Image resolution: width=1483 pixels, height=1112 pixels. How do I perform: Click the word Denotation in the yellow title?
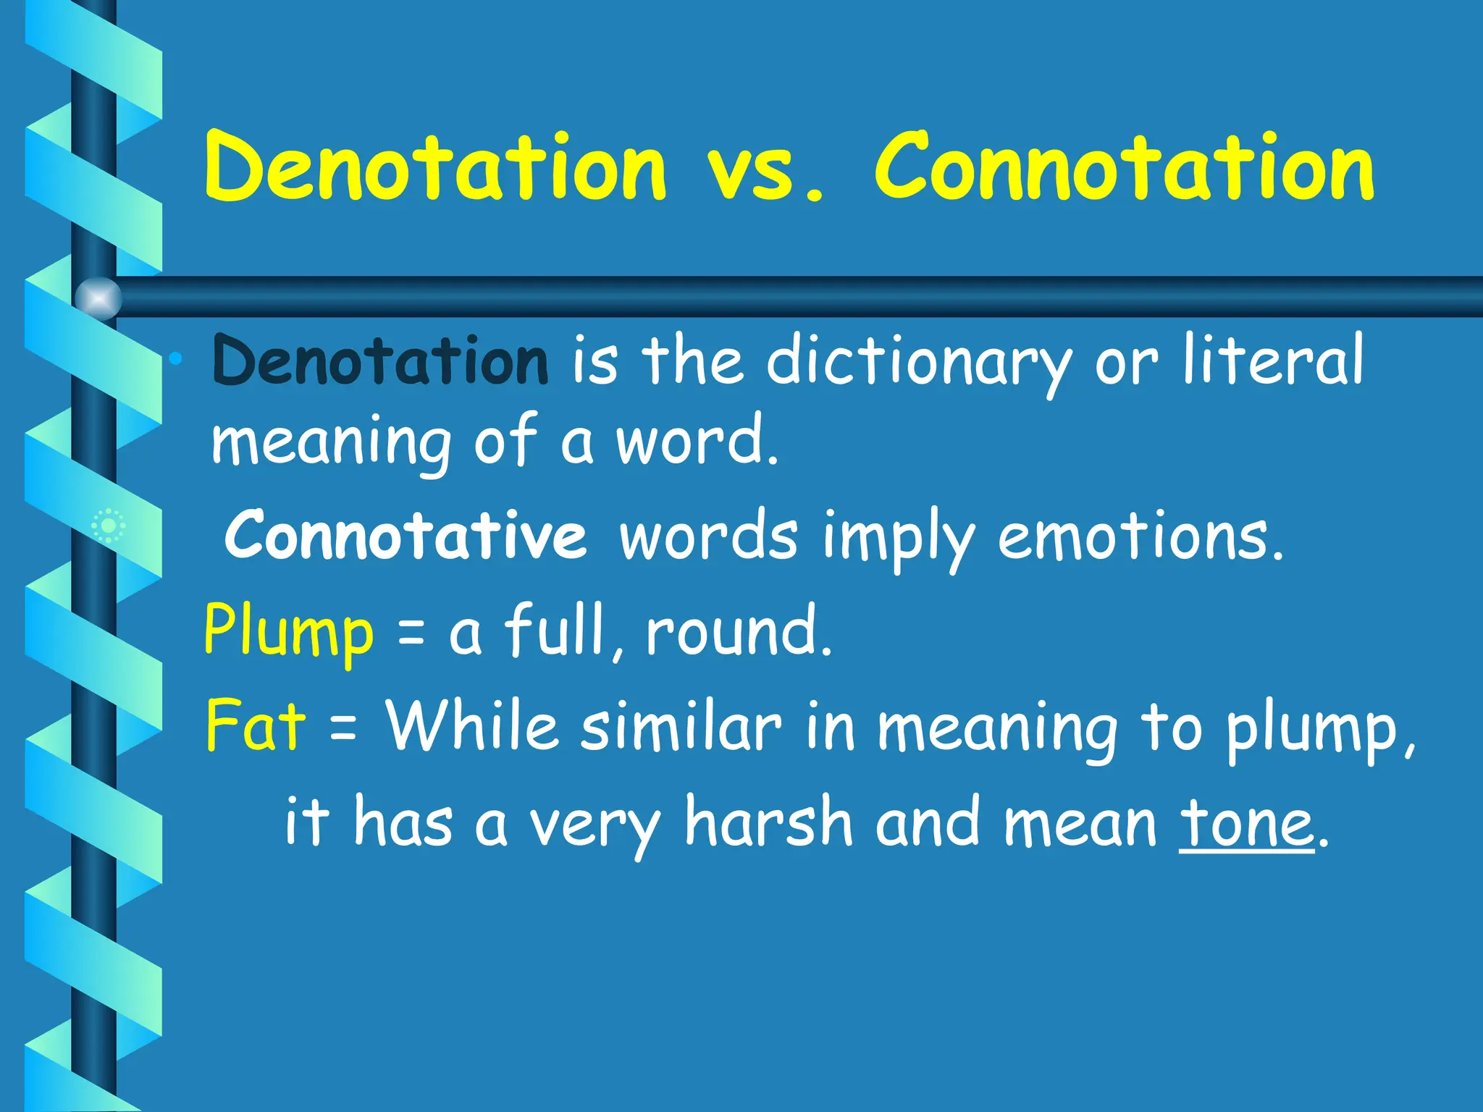[434, 168]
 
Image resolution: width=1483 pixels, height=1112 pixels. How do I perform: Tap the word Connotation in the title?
[1124, 168]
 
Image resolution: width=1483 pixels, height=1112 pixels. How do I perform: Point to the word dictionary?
[918, 362]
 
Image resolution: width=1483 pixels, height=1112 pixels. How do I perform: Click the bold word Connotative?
[406, 536]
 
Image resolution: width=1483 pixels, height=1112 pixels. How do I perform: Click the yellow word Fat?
[256, 725]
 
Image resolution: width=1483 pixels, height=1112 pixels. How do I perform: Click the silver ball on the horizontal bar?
[98, 298]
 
